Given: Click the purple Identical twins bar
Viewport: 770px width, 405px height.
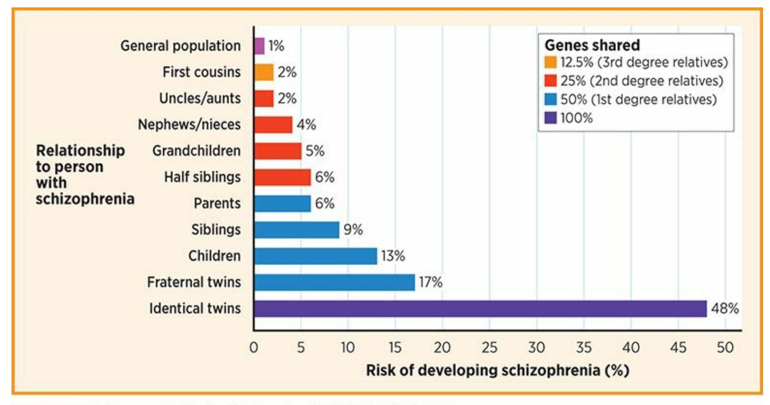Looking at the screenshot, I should tap(480, 308).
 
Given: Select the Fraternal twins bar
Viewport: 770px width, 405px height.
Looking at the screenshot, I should tap(334, 282).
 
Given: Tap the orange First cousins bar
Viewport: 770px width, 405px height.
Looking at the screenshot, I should tap(264, 72).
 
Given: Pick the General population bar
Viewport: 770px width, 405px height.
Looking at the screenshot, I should tap(259, 46).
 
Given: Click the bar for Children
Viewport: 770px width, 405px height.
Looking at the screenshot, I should tap(315, 256).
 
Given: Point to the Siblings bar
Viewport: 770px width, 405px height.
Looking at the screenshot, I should tap(297, 230).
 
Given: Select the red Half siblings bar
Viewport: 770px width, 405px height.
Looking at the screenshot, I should tap(282, 177).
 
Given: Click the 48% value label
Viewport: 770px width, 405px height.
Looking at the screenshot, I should tap(725, 308).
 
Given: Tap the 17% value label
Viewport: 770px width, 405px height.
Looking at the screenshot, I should tap(431, 282).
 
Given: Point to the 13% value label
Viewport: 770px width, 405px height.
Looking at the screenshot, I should tap(393, 256).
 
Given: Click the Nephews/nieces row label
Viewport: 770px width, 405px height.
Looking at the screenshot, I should tap(189, 125).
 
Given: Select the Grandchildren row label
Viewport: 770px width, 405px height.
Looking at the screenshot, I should tap(197, 151).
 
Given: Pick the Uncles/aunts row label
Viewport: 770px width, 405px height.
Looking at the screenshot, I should tap(200, 98).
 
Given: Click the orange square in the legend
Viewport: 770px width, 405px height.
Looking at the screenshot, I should tap(550, 62).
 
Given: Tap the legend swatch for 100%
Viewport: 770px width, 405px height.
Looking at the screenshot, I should tap(550, 118).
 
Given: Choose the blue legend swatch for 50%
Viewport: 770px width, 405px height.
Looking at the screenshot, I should tap(550, 99).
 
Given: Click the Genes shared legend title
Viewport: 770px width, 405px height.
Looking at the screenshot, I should tap(592, 45).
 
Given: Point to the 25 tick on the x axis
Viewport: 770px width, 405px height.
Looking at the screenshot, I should tap(490, 347).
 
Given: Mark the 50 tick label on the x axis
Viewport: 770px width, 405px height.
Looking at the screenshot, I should tap(725, 347).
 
